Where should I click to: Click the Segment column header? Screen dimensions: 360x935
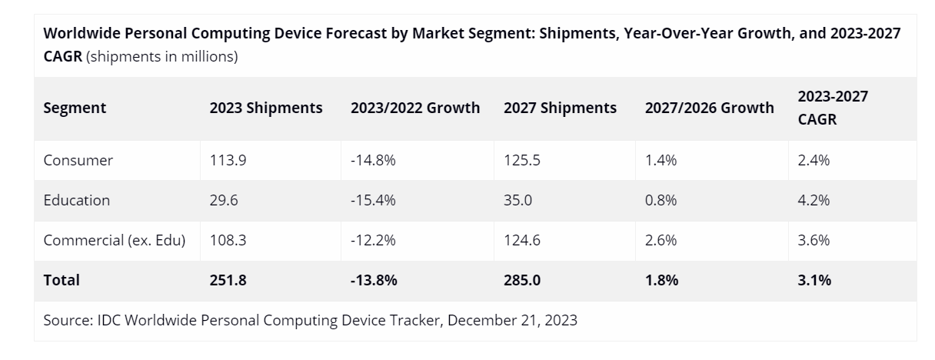tap(75, 108)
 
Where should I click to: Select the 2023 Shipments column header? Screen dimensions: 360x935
tap(266, 108)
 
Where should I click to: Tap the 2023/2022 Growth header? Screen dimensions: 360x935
tap(415, 108)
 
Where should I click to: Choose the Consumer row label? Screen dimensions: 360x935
tap(78, 161)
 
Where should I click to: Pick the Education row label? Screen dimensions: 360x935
tap(77, 201)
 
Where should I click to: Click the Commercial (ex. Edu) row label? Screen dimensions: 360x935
tap(115, 241)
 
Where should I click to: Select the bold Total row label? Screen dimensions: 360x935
tap(62, 281)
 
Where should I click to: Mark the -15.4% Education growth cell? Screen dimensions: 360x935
tap(373, 201)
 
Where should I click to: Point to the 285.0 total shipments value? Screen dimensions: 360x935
tap(522, 281)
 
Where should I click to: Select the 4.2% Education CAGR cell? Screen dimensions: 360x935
tap(814, 201)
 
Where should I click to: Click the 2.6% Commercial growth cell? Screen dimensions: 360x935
tap(661, 241)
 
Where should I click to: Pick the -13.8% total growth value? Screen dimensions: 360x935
tap(374, 281)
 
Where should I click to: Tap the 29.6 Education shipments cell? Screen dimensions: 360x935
tap(223, 201)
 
